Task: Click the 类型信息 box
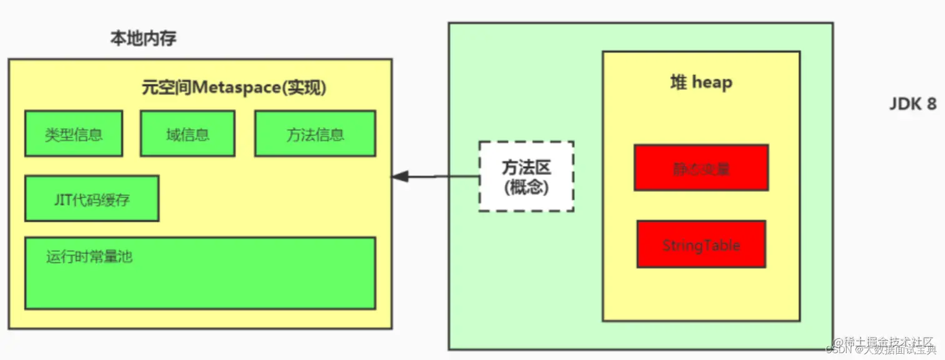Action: tap(74, 134)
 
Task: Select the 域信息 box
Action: tap(187, 134)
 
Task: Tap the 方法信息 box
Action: tap(315, 134)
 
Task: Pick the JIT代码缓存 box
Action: tap(92, 199)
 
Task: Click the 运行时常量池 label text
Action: tap(89, 256)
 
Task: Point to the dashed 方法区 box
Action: tap(526, 176)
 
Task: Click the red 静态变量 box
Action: tap(701, 168)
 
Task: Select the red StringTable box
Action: tap(701, 244)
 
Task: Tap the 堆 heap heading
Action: tap(701, 82)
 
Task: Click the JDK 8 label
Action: tap(912, 104)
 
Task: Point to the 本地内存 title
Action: tap(144, 39)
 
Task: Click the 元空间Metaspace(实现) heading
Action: tap(234, 88)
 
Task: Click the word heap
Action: tap(712, 82)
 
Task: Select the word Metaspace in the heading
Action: tap(236, 88)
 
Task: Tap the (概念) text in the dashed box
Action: tap(526, 187)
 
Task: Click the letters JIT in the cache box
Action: tap(62, 199)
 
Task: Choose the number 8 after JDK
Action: tap(931, 104)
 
